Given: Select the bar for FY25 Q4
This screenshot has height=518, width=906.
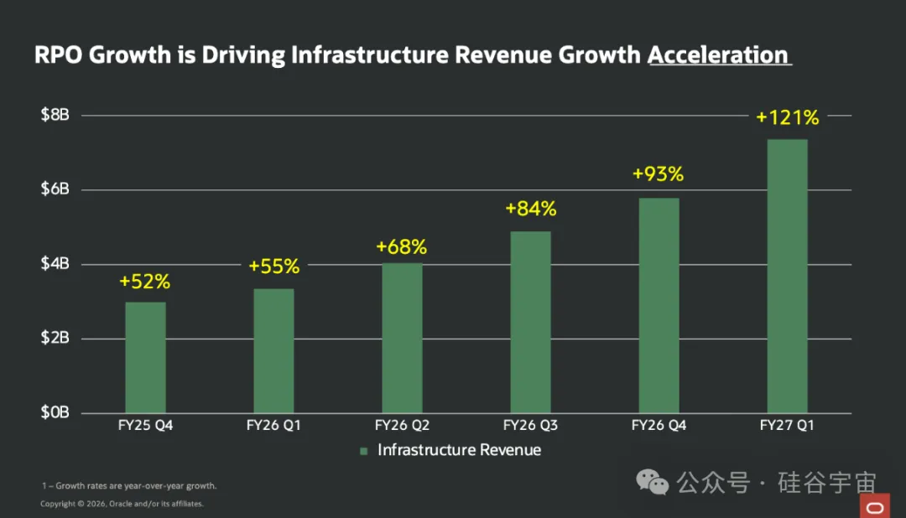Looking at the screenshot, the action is tap(146, 357).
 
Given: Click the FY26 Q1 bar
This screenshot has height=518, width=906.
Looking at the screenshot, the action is tap(273, 351).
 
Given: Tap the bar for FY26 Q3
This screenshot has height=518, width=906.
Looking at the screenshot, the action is tap(530, 322).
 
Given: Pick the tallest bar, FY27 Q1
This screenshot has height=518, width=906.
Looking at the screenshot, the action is tap(788, 276).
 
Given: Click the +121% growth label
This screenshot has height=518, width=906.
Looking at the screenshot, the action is tap(788, 118).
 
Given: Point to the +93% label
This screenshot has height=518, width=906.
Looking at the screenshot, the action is tap(659, 174).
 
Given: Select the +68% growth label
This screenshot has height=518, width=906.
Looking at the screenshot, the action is tap(402, 247).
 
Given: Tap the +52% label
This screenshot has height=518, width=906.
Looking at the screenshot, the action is tap(145, 282).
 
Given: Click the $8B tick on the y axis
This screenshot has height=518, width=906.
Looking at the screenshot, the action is tap(55, 115).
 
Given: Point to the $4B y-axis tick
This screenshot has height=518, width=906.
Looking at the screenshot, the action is tap(55, 264).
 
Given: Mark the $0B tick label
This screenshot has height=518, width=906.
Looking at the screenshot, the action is tap(55, 412).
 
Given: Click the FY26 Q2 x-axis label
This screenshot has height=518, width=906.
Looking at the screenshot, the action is tap(402, 426).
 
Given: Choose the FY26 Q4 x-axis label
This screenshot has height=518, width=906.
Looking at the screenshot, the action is tap(659, 426).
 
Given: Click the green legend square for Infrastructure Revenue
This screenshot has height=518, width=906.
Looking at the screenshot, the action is tap(363, 451).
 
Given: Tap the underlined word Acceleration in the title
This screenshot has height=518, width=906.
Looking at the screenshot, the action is tap(718, 55).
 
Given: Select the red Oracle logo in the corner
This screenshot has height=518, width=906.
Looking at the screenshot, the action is tap(875, 506).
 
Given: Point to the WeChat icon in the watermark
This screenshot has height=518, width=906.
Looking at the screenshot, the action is tap(653, 482).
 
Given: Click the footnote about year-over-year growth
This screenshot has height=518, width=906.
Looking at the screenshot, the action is tap(129, 485).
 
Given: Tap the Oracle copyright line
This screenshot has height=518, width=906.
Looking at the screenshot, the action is tap(122, 504).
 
